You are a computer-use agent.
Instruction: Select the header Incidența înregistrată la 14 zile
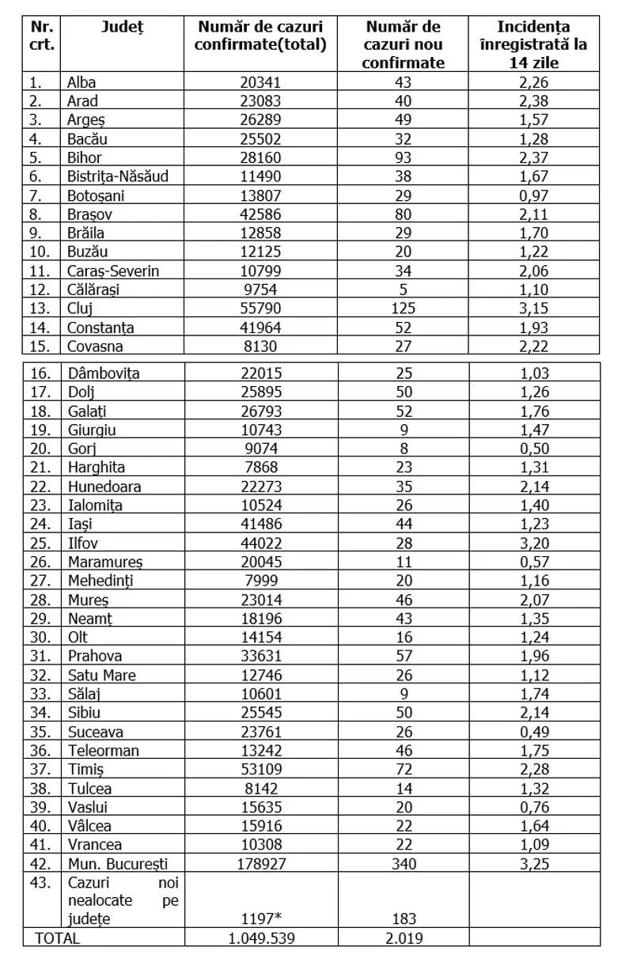click(545, 45)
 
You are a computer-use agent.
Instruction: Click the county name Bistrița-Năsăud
click(117, 176)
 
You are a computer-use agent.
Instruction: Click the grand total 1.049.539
click(260, 938)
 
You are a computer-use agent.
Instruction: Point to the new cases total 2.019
click(404, 938)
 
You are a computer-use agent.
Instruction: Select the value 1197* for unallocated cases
click(260, 919)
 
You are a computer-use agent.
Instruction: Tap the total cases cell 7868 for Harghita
click(260, 468)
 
